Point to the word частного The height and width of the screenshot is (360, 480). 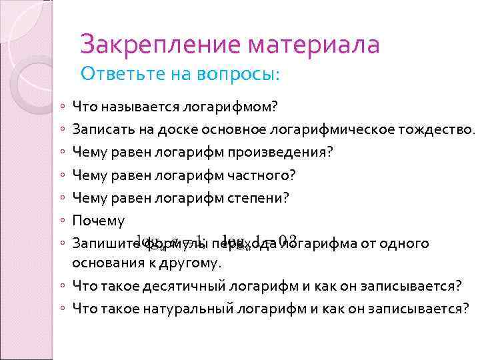click(x=261, y=175)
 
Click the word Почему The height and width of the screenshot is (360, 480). click(x=99, y=220)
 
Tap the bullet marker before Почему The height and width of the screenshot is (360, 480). click(x=61, y=221)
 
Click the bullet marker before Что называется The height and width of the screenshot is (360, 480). click(x=61, y=107)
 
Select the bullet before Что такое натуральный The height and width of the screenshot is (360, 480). click(x=61, y=309)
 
